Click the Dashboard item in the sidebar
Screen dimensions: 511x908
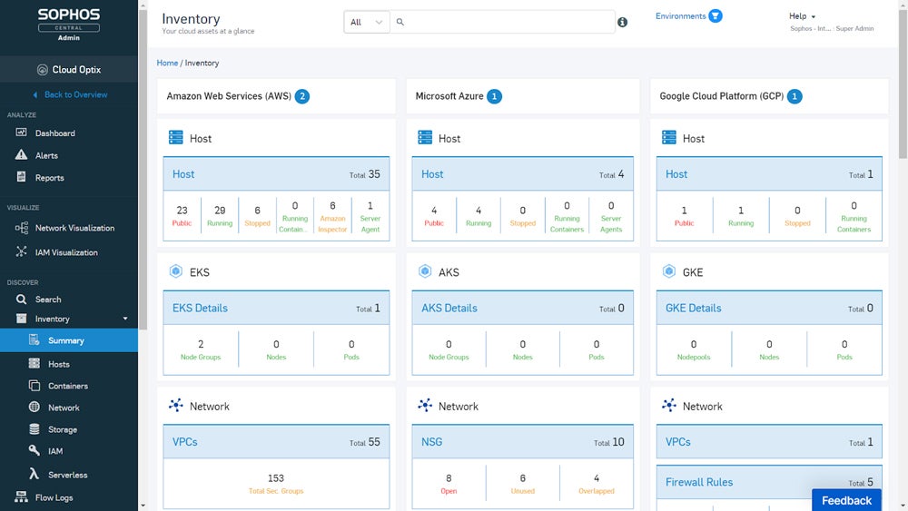point(54,133)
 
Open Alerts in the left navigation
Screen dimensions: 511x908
point(46,156)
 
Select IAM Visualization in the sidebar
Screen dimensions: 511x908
point(65,252)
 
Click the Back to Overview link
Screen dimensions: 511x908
point(75,94)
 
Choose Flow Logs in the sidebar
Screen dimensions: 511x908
point(54,497)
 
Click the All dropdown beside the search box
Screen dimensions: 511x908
point(367,22)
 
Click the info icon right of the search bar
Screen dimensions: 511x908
point(622,23)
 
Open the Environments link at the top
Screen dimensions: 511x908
point(681,16)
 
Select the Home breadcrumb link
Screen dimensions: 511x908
point(167,64)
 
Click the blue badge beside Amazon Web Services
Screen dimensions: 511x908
point(302,96)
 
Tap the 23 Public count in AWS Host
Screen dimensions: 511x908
point(183,215)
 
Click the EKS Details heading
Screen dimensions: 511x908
point(200,308)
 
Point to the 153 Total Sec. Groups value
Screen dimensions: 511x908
point(276,483)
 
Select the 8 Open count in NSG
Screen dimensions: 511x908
point(449,483)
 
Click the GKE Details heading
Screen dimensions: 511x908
point(693,308)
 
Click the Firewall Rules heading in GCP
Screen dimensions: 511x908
point(698,482)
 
